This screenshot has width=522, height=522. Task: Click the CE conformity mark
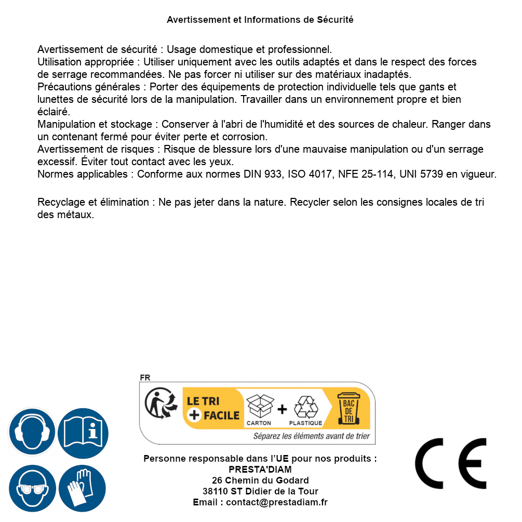[451, 463]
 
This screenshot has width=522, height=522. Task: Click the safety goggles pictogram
[32, 489]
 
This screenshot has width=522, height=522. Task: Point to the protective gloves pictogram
[82, 489]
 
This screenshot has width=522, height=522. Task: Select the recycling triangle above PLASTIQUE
[305, 407]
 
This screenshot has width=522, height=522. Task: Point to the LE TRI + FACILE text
[213, 408]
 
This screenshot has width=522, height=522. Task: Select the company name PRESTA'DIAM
[260, 470]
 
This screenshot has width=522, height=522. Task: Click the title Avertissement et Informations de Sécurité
[260, 20]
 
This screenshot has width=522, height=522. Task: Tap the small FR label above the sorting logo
[145, 378]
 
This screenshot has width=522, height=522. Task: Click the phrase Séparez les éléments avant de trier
[311, 436]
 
